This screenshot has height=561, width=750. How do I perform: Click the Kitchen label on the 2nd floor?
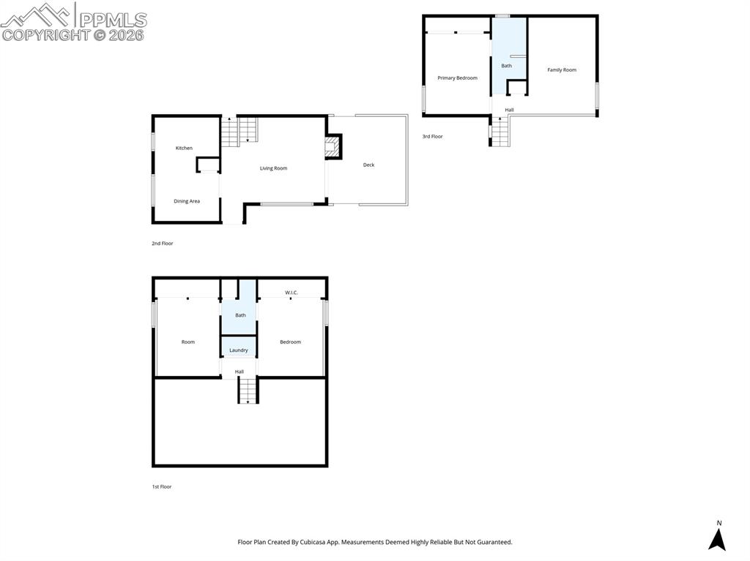tap(184, 148)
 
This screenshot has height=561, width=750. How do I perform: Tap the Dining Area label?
tap(186, 201)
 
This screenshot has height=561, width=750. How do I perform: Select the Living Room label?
tap(273, 168)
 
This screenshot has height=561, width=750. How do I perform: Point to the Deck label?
tap(368, 165)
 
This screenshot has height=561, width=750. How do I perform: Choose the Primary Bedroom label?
tap(457, 78)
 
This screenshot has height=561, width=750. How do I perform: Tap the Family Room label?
tap(562, 70)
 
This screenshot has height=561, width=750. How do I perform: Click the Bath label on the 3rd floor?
tap(506, 66)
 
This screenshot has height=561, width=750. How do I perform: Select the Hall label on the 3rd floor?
tap(509, 110)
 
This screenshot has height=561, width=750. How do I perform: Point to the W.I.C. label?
tap(291, 293)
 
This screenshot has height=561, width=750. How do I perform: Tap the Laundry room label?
tap(239, 350)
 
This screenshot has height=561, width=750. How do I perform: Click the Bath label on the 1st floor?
tap(240, 315)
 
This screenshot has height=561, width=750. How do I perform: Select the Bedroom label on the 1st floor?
tap(290, 342)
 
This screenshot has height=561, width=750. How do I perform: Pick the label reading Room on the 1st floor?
tap(188, 342)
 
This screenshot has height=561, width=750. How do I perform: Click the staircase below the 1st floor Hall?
tap(248, 391)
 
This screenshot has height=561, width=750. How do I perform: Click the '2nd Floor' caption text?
tap(163, 244)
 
